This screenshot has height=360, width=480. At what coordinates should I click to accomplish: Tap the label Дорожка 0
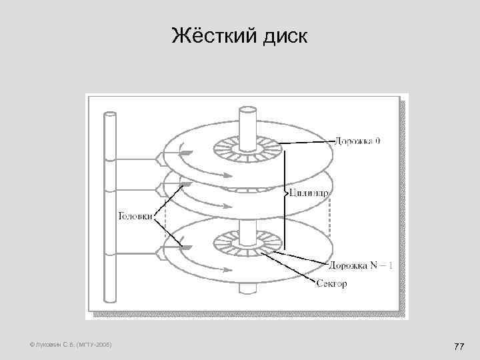point(357,141)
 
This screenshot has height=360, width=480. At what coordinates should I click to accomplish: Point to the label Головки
point(135,215)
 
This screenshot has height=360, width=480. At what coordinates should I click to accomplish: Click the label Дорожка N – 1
point(364,265)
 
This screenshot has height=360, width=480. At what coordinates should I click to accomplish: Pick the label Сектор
point(331,285)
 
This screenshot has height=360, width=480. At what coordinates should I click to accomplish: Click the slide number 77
point(458,347)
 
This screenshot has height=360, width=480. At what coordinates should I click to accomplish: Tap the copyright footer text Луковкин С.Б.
point(71,344)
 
